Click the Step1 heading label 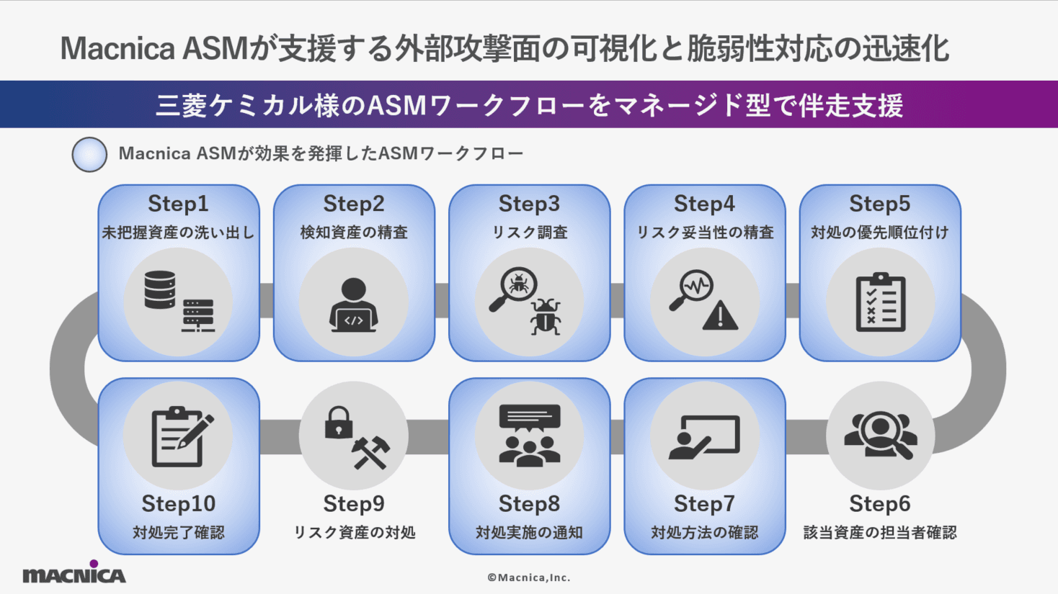[178, 204]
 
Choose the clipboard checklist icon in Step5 [880, 302]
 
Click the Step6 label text [879, 503]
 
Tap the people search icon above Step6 [880, 434]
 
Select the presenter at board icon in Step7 [704, 436]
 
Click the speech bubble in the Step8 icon [529, 417]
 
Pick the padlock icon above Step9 [338, 423]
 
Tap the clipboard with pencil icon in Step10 [181, 436]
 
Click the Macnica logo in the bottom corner [74, 573]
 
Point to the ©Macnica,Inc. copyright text [528, 577]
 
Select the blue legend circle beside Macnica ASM [89, 154]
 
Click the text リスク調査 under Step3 [529, 233]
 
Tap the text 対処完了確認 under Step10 [178, 533]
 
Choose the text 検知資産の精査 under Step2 [353, 233]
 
